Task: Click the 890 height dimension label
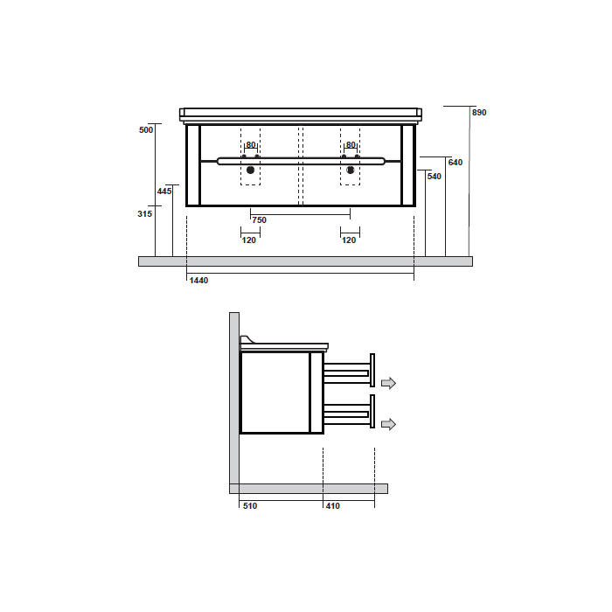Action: (x=479, y=113)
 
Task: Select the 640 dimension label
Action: (x=456, y=163)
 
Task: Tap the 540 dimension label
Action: (x=434, y=177)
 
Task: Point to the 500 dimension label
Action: (x=146, y=130)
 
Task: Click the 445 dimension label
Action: (x=164, y=191)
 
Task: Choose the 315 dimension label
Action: (x=145, y=214)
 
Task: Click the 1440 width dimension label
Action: (x=198, y=281)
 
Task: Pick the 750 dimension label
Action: (x=259, y=220)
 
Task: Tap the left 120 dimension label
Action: (x=249, y=240)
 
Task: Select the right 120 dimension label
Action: (x=349, y=240)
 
